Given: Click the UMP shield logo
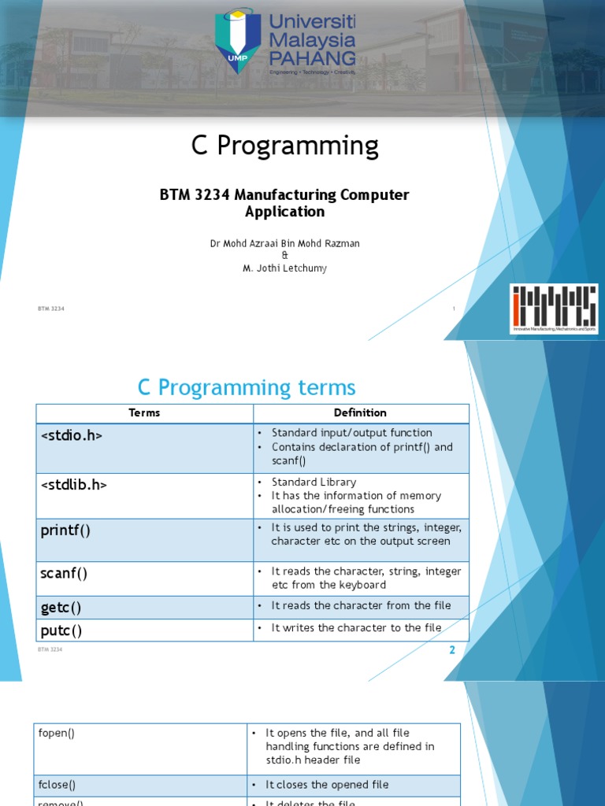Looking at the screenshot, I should (x=239, y=40).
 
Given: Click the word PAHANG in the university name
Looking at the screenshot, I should (x=312, y=57).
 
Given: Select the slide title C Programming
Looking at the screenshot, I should (x=285, y=146).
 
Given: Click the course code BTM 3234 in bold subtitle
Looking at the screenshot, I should (x=195, y=195).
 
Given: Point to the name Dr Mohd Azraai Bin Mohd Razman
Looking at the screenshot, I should (x=284, y=243).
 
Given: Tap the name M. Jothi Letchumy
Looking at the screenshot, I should (x=284, y=268).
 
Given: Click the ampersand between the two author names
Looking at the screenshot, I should (x=284, y=256).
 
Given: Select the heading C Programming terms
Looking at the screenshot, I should (x=247, y=387).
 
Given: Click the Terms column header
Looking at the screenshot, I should (x=144, y=412).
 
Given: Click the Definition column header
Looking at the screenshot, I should (x=360, y=412).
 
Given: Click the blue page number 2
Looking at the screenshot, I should (x=452, y=650).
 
